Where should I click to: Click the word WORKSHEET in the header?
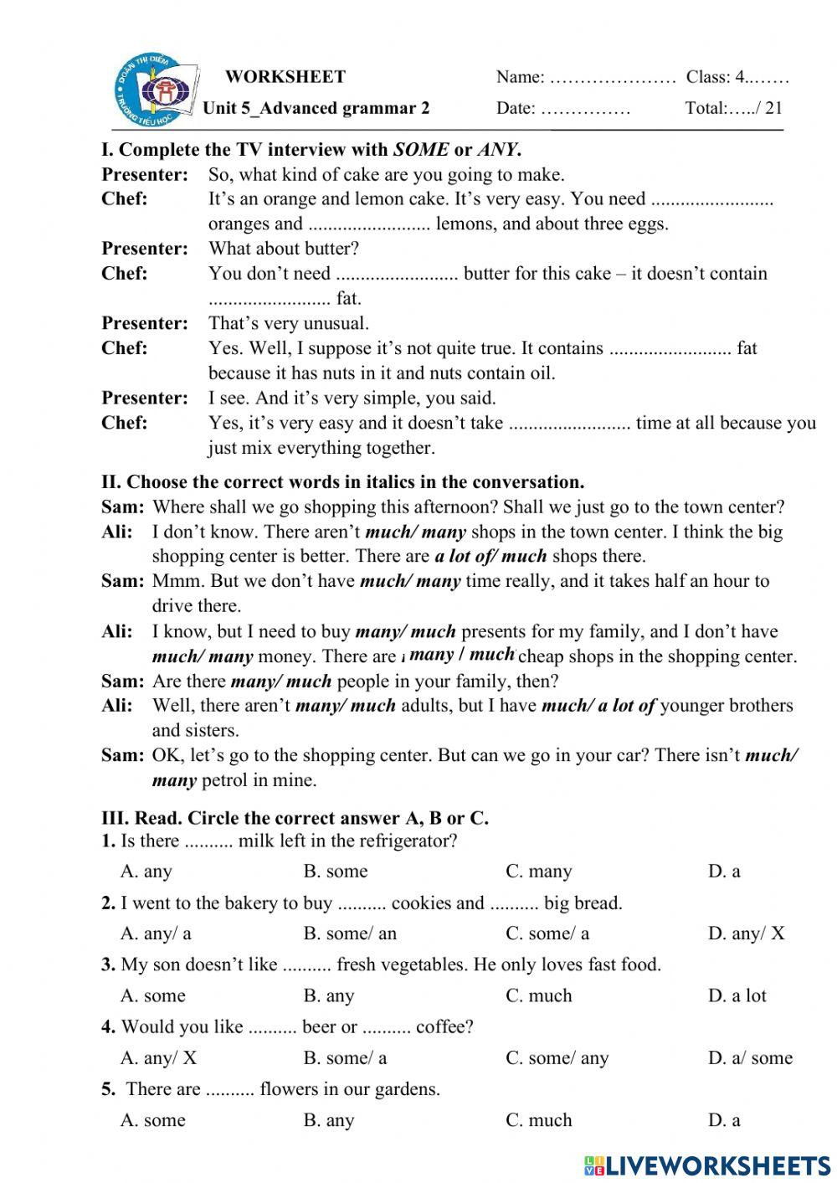click(285, 77)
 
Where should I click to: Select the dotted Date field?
click(585, 109)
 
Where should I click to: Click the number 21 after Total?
click(773, 107)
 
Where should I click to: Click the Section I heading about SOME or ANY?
click(311, 151)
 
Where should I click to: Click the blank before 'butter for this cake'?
click(397, 275)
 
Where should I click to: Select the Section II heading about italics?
click(343, 482)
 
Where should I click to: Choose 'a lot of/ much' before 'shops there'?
click(490, 556)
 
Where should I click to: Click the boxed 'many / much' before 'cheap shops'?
click(461, 655)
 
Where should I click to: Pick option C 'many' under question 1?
click(539, 872)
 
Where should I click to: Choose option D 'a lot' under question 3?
click(737, 995)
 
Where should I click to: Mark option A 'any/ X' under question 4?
click(158, 1057)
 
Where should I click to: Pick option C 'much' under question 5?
click(539, 1120)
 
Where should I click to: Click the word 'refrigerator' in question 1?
click(405, 841)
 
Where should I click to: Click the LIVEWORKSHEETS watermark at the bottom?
click(707, 1165)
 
